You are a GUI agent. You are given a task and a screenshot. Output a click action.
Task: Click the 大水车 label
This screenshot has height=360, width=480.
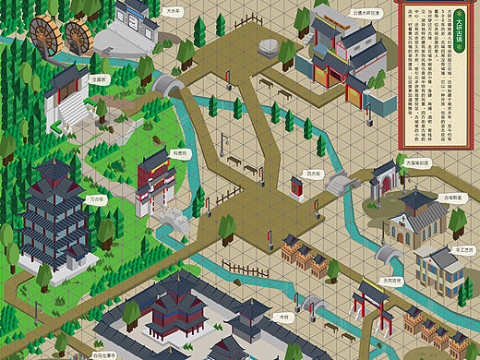173,13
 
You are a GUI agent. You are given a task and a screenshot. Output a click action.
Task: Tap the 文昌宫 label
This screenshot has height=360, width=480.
99,79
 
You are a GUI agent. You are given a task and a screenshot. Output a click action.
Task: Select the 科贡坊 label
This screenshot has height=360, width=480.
182,153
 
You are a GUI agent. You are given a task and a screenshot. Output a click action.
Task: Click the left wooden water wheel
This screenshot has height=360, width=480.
43,35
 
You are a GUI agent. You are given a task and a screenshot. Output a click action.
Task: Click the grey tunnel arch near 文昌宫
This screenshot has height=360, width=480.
167,86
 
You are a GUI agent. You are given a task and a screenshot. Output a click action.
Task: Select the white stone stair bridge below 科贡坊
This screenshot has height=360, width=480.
171,219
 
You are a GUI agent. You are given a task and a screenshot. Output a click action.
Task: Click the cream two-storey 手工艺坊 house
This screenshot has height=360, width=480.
438,269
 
